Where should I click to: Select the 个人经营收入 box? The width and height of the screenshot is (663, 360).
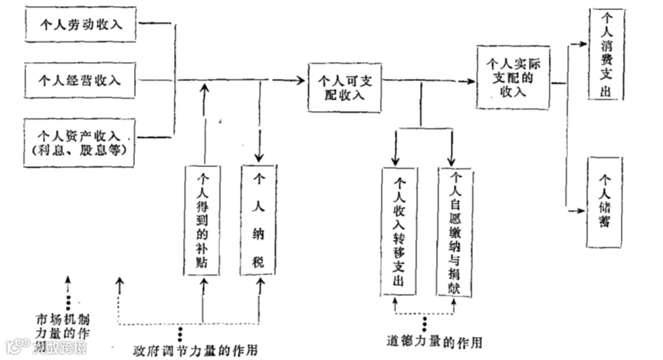point(80,79)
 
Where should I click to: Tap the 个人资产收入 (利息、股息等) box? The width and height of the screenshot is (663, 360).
point(80,142)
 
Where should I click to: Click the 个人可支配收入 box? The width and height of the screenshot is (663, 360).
point(346,86)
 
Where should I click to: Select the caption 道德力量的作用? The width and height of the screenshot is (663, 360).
point(427,339)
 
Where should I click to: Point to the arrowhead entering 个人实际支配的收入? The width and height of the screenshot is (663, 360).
point(470,79)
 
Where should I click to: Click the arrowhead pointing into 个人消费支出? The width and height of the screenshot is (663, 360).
point(585,45)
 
